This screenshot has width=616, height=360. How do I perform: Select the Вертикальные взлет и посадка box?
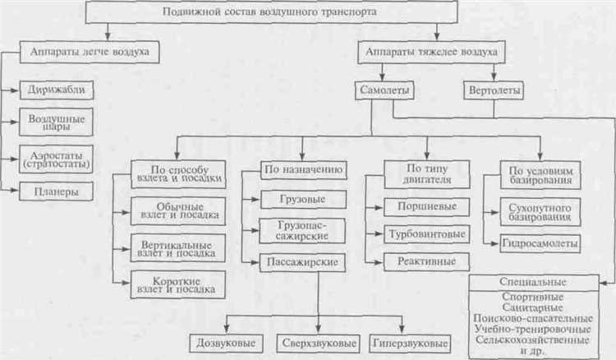(x=175, y=249)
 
